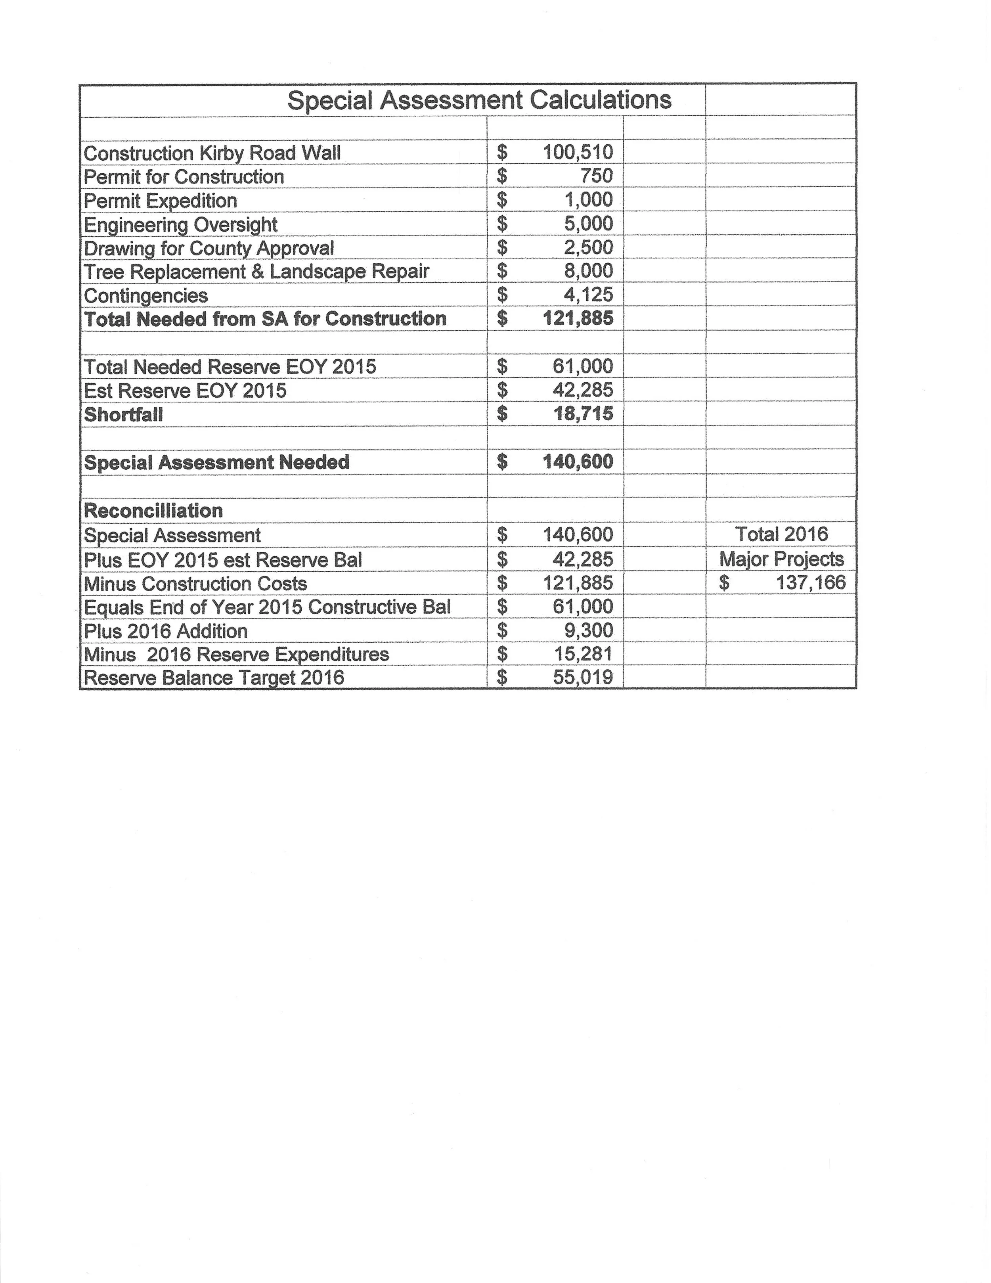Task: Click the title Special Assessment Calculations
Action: coord(479,100)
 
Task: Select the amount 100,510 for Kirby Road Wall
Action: coord(578,152)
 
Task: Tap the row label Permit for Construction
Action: coord(184,177)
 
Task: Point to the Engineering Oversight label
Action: coord(180,224)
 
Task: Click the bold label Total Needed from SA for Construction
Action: coord(265,319)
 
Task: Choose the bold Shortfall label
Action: coord(123,414)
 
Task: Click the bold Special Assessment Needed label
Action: coord(216,462)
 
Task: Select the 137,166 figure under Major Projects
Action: coord(810,583)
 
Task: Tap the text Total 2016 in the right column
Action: coord(781,534)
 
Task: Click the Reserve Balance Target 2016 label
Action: coord(214,678)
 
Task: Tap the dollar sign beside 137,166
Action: coord(724,583)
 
